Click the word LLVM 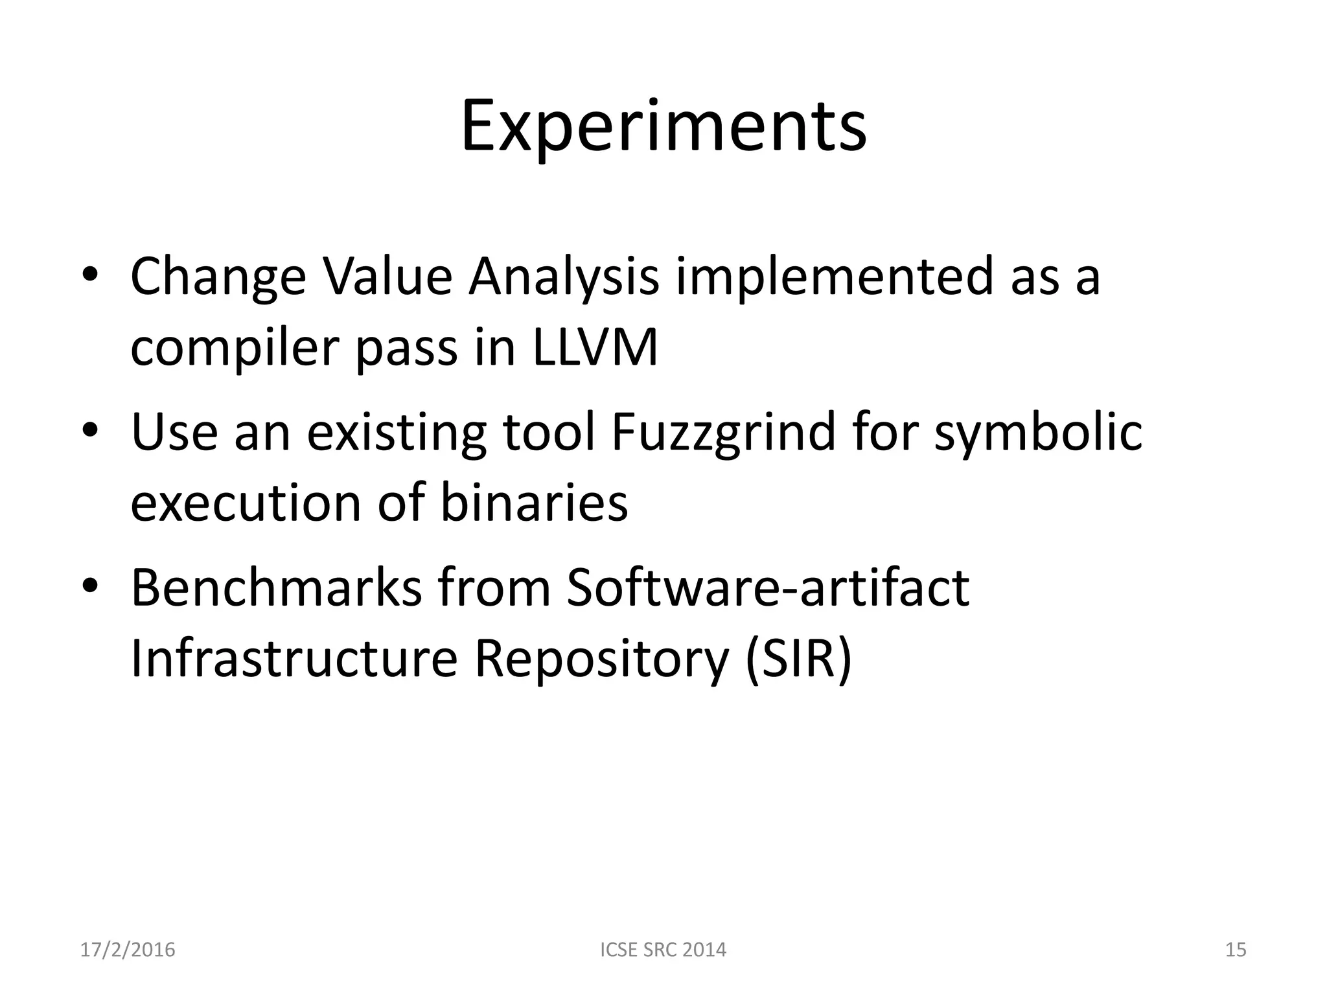pyautogui.click(x=595, y=348)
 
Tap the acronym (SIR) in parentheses pyautogui.click(x=798, y=659)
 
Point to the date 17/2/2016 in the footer pyautogui.click(x=128, y=950)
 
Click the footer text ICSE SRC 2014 pyautogui.click(x=663, y=950)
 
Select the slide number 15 pyautogui.click(x=1236, y=950)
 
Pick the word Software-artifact pyautogui.click(x=768, y=588)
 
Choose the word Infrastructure pyautogui.click(x=294, y=659)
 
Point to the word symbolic pyautogui.click(x=1038, y=432)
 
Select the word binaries pyautogui.click(x=534, y=503)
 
